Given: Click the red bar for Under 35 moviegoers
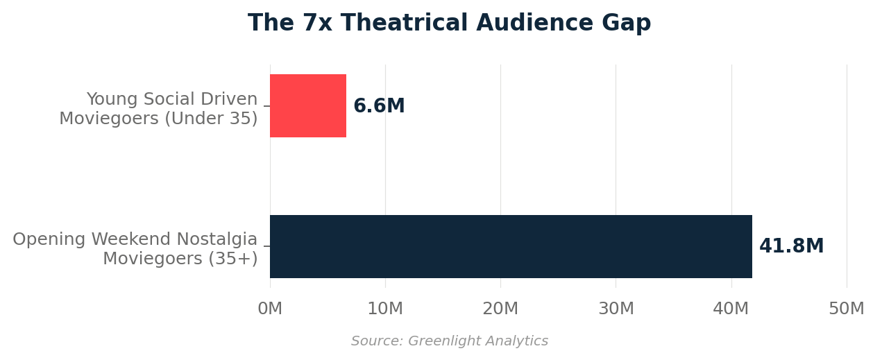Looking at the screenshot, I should [307, 106].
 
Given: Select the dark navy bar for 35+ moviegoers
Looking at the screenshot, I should [510, 246].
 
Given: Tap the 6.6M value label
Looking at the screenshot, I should [379, 107].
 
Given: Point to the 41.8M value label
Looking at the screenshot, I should [791, 247].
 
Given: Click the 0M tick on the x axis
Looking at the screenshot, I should [270, 309].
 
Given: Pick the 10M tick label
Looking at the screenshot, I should [385, 309].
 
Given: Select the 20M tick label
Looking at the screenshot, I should [500, 309].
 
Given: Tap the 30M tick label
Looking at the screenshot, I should [616, 309].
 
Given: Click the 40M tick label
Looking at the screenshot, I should [731, 309].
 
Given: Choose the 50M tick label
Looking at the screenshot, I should [846, 309].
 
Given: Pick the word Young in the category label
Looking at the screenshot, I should [112, 100].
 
